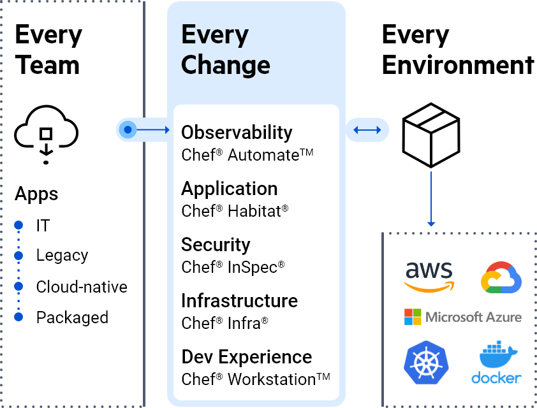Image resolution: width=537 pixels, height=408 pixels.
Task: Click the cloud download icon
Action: [46, 135]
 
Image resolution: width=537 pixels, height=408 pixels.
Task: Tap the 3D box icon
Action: [430, 135]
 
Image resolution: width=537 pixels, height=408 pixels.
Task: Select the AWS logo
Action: [429, 276]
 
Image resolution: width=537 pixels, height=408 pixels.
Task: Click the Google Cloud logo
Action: [501, 277]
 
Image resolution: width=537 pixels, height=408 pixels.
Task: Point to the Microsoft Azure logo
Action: [462, 317]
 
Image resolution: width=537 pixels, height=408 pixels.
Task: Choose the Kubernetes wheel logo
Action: [425, 362]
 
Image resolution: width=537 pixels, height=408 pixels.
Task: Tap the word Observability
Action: [237, 133]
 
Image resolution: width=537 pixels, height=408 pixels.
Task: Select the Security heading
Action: [216, 245]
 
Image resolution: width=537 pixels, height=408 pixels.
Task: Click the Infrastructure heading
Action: [239, 301]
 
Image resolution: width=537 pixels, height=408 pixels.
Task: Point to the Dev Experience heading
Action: [246, 357]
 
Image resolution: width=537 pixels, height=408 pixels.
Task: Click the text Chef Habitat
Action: [234, 211]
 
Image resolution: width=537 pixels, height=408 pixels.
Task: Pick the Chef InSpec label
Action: [233, 267]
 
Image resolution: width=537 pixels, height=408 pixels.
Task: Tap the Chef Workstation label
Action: [255, 379]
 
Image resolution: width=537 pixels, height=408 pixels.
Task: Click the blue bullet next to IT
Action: [18, 225]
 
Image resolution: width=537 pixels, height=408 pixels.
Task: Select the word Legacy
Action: [62, 256]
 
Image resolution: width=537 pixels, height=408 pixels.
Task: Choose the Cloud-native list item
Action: [82, 287]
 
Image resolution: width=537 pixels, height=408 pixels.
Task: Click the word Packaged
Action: [72, 317]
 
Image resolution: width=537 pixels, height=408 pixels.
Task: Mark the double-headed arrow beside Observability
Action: [367, 130]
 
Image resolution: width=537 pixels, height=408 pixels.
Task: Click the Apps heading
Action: [36, 194]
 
